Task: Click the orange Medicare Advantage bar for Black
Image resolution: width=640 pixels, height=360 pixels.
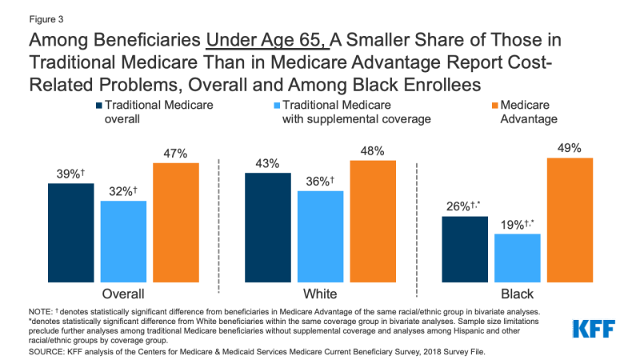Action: (x=570, y=219)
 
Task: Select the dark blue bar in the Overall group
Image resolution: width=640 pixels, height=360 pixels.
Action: (x=70, y=232)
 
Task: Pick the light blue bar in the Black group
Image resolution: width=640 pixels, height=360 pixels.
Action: (x=518, y=257)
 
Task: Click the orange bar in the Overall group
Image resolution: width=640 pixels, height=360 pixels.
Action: (x=175, y=222)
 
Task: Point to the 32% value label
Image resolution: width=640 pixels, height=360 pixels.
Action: (x=122, y=191)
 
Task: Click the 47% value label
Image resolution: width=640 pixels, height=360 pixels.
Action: (x=175, y=152)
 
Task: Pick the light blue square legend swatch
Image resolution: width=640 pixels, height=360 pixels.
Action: (x=274, y=105)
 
